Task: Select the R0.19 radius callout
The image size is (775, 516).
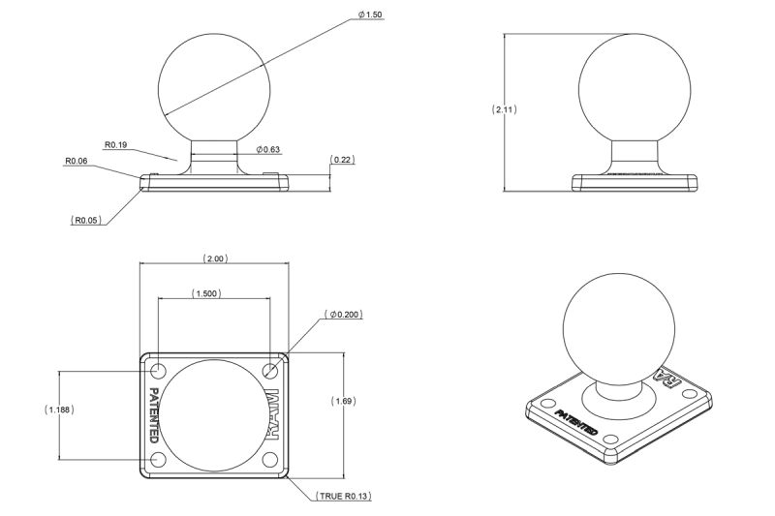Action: tap(116, 144)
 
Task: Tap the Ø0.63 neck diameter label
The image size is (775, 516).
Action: tap(268, 149)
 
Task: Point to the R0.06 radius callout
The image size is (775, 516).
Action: tap(77, 161)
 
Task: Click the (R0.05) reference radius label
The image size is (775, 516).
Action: tap(87, 220)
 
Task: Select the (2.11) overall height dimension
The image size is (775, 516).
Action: tap(505, 109)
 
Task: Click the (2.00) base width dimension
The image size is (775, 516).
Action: tap(214, 258)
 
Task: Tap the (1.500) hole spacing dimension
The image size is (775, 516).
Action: tap(206, 293)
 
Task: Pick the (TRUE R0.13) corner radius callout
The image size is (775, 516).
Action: tap(344, 496)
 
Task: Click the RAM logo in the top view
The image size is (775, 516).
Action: tap(273, 414)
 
